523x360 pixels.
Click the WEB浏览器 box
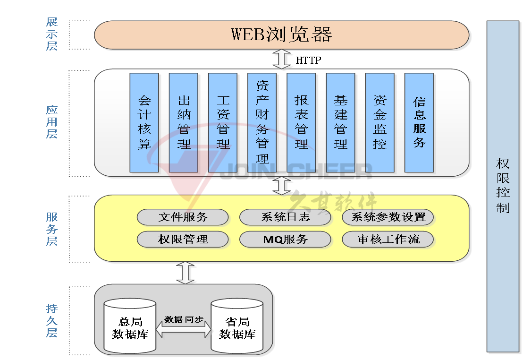coord(282,34)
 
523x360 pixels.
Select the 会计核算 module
coord(144,122)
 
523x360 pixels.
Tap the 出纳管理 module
coord(183,122)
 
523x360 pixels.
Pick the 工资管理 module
coord(223,122)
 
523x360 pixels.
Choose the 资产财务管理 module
coord(262,122)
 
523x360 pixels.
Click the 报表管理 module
coord(301,122)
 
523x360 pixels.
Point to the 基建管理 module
coord(340,122)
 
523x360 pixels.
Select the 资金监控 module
coord(380,122)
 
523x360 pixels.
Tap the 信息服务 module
coord(419,122)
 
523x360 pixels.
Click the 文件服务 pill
coord(183,217)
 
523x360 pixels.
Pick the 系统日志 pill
coord(285,217)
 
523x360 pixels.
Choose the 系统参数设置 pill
coord(388,217)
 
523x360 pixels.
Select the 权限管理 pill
coord(183,239)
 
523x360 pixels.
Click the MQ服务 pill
coord(285,239)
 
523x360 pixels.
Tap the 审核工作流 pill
coord(388,239)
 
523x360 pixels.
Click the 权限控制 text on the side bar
coord(503,186)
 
